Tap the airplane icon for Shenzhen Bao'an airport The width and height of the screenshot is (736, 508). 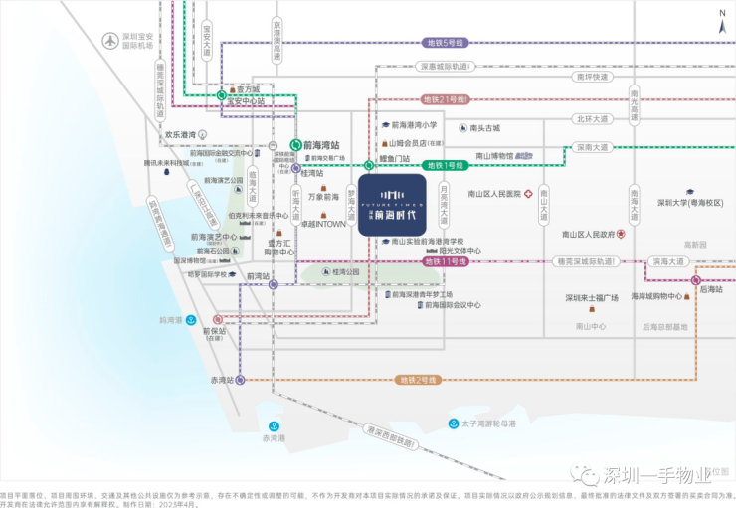tap(110, 41)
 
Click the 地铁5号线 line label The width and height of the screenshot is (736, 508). tap(445, 43)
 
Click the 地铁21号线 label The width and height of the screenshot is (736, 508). tap(445, 99)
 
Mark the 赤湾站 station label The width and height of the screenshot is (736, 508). tap(221, 380)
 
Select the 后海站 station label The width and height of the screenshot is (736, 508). tap(710, 289)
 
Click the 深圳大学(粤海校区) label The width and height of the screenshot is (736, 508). tap(688, 202)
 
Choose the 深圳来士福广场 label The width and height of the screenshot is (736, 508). tap(591, 297)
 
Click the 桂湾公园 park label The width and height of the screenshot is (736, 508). tap(346, 271)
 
